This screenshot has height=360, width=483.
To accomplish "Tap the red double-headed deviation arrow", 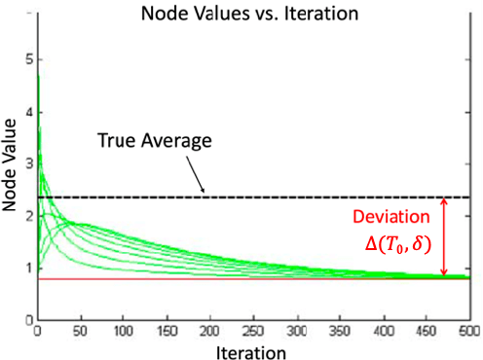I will click(445, 237).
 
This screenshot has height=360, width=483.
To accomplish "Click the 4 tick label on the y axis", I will click(28, 111).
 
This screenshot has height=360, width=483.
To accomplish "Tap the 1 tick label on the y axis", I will click(28, 267).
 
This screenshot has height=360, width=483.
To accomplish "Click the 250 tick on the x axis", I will click(253, 330).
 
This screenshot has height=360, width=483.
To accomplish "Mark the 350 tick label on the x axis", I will click(340, 330).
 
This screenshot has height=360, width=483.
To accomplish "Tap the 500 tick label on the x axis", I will click(468, 330).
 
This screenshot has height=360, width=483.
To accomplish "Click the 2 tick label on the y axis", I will click(28, 215).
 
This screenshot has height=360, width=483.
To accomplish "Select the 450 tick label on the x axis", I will click(426, 330).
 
